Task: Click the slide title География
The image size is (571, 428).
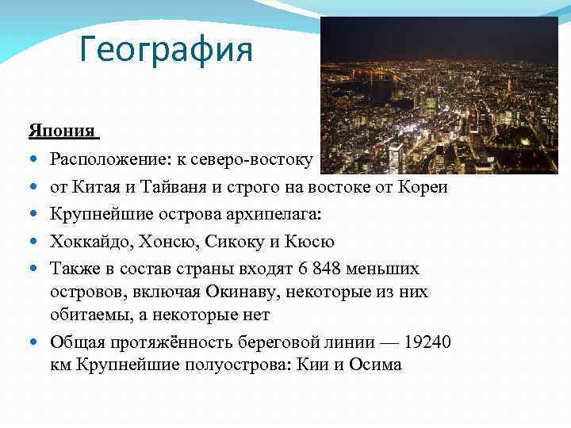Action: [166, 51]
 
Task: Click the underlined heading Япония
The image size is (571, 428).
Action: [61, 130]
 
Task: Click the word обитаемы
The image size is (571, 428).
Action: [83, 315]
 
